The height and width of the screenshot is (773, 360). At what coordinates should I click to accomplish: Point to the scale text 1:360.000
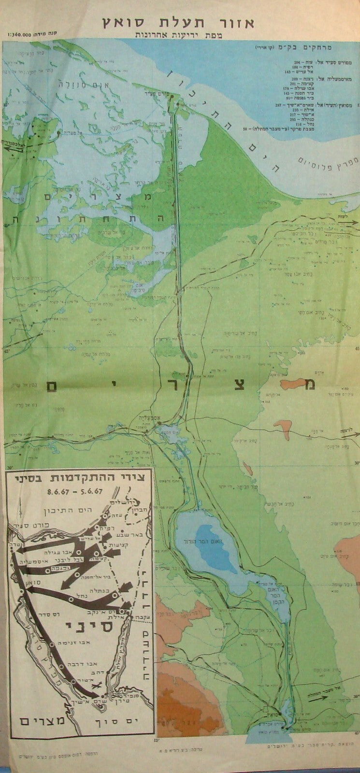(22, 35)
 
